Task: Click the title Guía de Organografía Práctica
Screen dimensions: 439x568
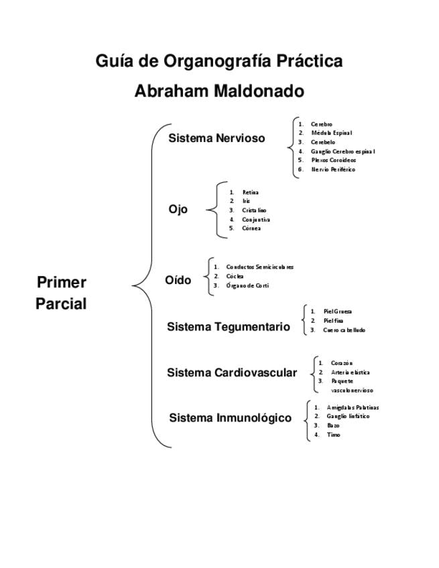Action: tap(219, 62)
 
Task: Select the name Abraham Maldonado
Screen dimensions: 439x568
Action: tap(219, 91)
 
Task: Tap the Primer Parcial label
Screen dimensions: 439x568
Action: tap(61, 293)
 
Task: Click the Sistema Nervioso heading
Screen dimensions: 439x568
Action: tap(216, 139)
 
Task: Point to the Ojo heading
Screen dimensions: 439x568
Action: tap(178, 210)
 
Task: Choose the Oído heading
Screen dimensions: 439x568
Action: tap(178, 280)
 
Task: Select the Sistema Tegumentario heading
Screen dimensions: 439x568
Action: tap(229, 327)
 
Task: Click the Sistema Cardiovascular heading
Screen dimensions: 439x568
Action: tap(232, 372)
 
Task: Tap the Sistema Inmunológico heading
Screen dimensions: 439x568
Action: tap(230, 418)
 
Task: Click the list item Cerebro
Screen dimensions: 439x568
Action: tap(321, 124)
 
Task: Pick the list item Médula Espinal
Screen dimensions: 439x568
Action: tap(331, 133)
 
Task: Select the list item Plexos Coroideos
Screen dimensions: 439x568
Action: tap(333, 160)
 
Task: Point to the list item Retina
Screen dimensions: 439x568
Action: tap(251, 192)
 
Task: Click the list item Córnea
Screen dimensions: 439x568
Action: tap(251, 228)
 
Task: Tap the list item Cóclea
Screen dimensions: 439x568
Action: tap(235, 276)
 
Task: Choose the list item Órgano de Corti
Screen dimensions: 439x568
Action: tap(247, 285)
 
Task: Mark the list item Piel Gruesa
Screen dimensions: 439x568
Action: tap(337, 311)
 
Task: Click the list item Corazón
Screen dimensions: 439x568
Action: tap(342, 363)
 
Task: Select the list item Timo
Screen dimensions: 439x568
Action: tap(333, 435)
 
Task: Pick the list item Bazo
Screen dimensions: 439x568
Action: tap(333, 425)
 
